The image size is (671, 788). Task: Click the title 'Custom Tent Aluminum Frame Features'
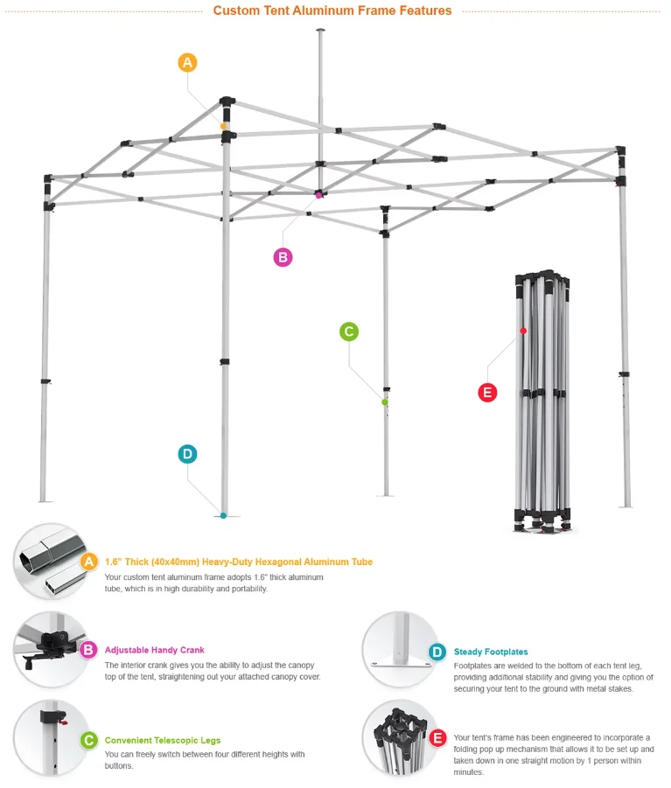click(332, 11)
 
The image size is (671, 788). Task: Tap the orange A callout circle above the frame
click(187, 63)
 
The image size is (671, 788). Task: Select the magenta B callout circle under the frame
click(283, 257)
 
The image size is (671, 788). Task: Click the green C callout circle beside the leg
click(348, 331)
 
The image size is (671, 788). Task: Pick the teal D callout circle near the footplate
click(187, 454)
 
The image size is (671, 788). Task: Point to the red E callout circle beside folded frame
click(487, 393)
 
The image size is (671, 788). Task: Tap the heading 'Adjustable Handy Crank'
click(155, 650)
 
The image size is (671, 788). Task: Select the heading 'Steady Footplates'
click(491, 652)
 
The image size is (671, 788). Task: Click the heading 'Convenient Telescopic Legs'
click(163, 741)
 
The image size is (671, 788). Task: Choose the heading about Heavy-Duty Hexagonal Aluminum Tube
click(238, 561)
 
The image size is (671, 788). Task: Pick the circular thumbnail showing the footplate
click(398, 650)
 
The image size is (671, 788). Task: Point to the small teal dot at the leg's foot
click(224, 515)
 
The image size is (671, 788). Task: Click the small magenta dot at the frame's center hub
click(319, 195)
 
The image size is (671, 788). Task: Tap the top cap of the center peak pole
click(319, 31)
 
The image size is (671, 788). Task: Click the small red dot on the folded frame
click(523, 331)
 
